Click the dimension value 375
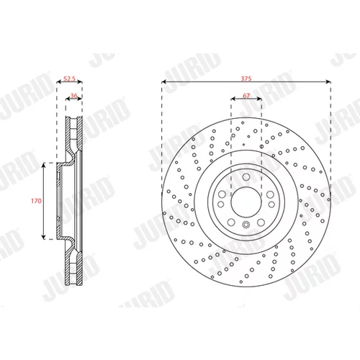pyautogui.click(x=246, y=78)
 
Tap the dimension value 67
pyautogui.click(x=246, y=96)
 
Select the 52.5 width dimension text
pyautogui.click(x=69, y=78)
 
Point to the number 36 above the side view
pyautogui.click(x=74, y=96)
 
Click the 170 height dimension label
pyautogui.click(x=36, y=201)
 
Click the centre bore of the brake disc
pyautogui.click(x=246, y=202)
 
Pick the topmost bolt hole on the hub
pyautogui.click(x=246, y=177)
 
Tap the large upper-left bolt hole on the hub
pyautogui.click(x=222, y=194)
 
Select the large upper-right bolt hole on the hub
pyautogui.click(x=270, y=194)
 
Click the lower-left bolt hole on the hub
pyautogui.click(x=231, y=222)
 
